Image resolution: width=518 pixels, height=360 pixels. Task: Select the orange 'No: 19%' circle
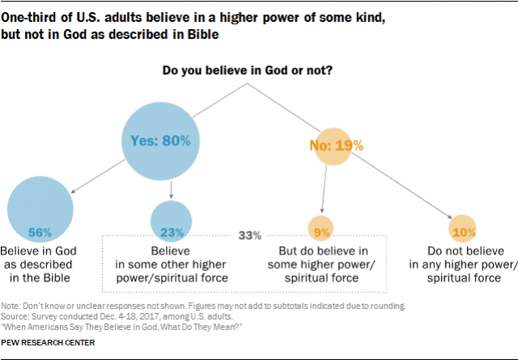[x=335, y=146]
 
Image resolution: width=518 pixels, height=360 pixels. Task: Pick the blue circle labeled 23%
[x=171, y=219]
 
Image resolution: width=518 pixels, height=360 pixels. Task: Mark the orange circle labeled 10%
[x=462, y=231]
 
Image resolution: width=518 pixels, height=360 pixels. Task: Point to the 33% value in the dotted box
[x=249, y=235]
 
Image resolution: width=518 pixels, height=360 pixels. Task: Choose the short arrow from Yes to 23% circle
[x=172, y=189]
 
